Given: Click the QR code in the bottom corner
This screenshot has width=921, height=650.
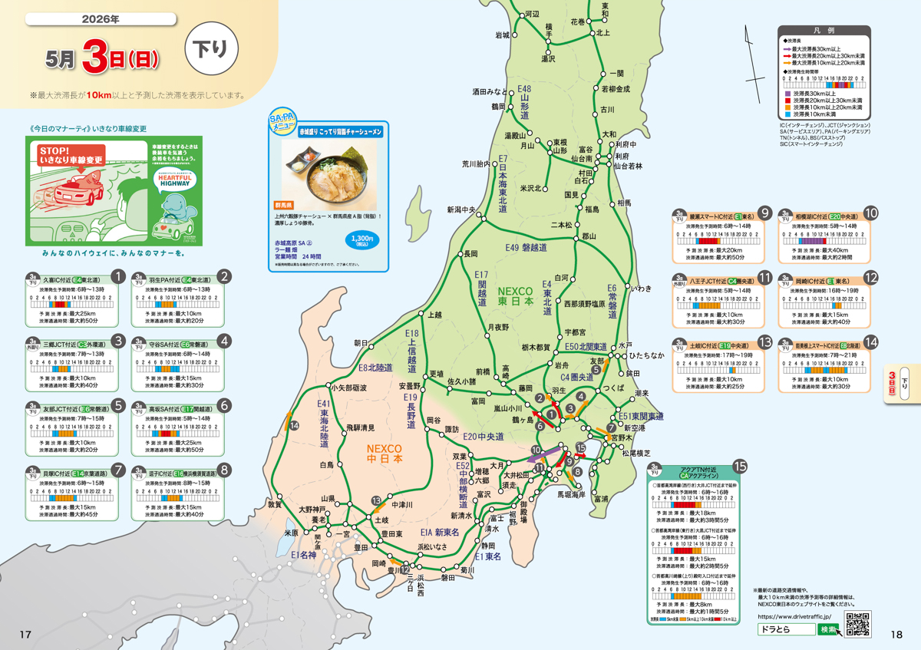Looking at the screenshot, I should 857,623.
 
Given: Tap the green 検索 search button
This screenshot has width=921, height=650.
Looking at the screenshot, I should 830,629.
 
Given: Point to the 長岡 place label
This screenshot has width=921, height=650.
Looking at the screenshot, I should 469,253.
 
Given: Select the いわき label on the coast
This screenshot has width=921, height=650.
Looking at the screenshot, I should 641,289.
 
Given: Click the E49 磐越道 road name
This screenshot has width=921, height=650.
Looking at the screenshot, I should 526,247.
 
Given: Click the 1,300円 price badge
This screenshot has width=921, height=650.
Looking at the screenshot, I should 361,240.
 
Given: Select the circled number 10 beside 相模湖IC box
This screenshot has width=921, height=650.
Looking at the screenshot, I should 870,213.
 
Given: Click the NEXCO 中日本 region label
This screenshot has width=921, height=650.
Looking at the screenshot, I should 385,453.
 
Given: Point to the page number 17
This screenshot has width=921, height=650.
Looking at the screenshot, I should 25,634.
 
